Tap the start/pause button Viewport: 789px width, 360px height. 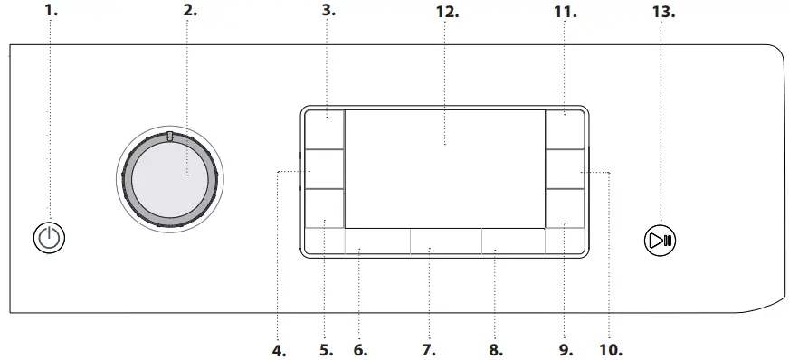660,241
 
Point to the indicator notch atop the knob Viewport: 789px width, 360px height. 168,137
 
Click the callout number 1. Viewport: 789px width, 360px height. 51,12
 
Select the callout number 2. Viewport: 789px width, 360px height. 189,12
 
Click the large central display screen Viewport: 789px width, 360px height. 444,168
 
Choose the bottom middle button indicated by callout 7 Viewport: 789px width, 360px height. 445,240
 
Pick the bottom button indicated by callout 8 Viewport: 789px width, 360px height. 513,240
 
